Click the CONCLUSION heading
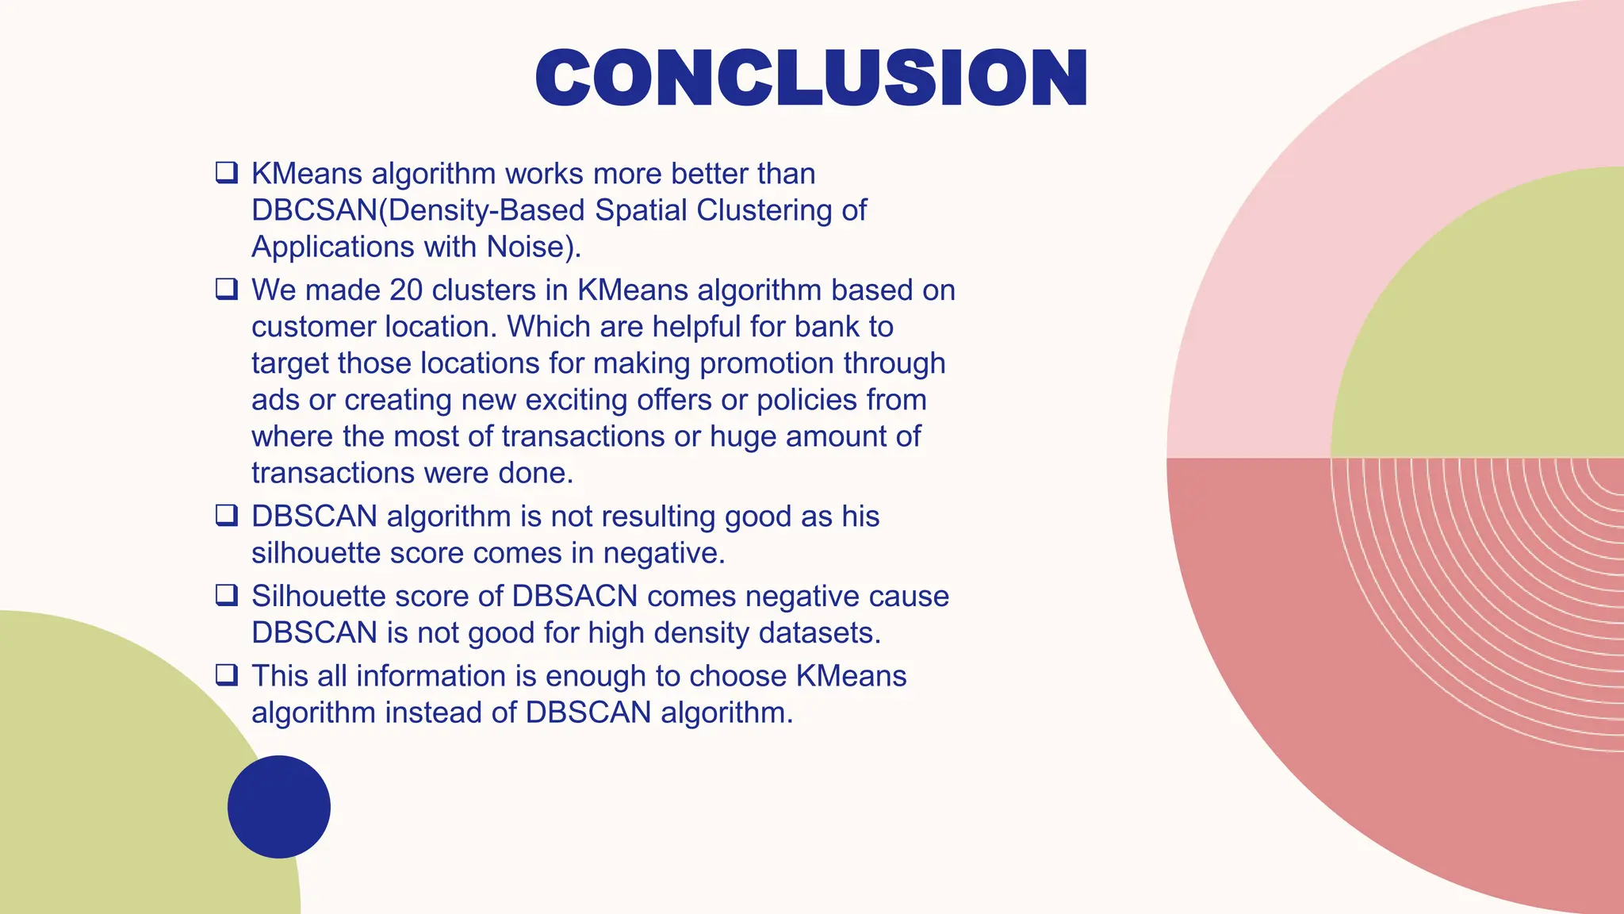click(811, 77)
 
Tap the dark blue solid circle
click(279, 806)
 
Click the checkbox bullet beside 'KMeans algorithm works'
click(227, 172)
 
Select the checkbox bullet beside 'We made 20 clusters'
click(227, 289)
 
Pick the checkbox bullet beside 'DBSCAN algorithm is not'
click(227, 515)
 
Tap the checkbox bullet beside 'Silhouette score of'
click(227, 595)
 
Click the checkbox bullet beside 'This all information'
click(227, 675)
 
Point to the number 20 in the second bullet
click(406, 290)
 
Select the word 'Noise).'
click(534, 247)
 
